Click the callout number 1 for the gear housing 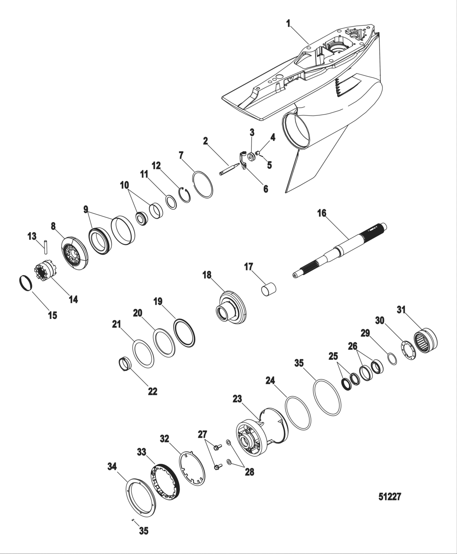point(288,23)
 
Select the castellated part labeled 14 point(45,272)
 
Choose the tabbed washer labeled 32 point(192,468)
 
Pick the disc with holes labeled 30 point(408,350)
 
